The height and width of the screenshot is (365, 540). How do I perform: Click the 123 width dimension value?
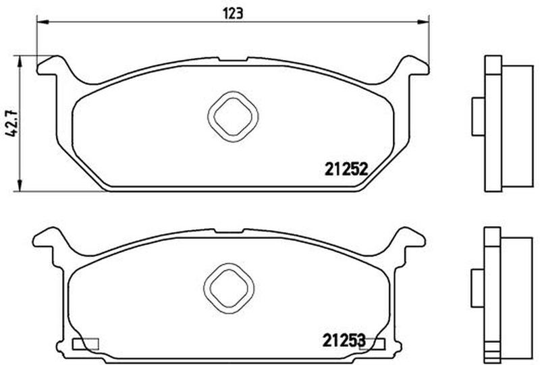tap(233, 13)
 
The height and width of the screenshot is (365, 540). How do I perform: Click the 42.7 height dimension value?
tap(12, 123)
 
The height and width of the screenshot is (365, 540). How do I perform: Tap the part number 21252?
tap(347, 169)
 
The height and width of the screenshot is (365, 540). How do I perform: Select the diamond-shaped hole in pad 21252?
tap(233, 117)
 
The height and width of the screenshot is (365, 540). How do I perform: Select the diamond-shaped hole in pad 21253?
tap(229, 289)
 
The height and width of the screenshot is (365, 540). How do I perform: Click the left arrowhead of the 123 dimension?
tap(43, 22)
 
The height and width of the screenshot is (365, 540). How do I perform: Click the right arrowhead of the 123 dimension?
tap(423, 22)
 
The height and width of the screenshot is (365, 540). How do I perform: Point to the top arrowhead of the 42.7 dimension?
tap(20, 62)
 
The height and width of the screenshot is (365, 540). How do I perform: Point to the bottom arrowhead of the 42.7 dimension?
tap(20, 184)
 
